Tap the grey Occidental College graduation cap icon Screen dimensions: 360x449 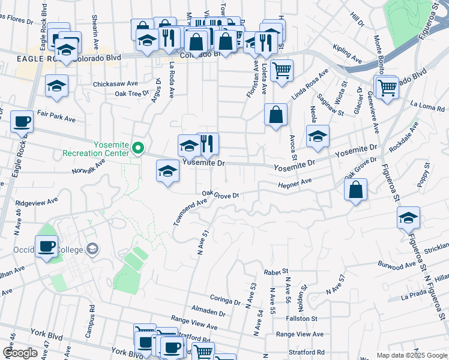pyautogui.click(x=92, y=248)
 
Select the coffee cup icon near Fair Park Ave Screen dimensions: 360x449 pyautogui.click(x=22, y=121)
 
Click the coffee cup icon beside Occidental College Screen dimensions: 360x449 pyautogui.click(x=47, y=245)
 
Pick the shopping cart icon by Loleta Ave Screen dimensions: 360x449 pyautogui.click(x=282, y=70)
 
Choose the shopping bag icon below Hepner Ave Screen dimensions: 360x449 pyautogui.click(x=356, y=189)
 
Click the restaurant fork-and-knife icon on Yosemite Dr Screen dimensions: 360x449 pyautogui.click(x=208, y=143)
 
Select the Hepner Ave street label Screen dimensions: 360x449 pyautogui.click(x=295, y=182)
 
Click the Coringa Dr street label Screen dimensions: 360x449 pyautogui.click(x=226, y=298)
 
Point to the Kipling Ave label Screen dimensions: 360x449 pyautogui.click(x=348, y=53)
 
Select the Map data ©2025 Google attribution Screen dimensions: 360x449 pyautogui.click(x=412, y=355)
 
